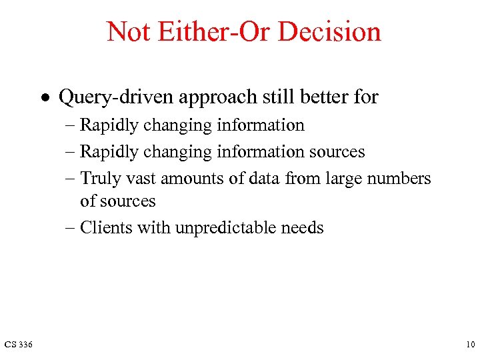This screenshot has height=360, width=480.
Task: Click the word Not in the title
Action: click(x=127, y=31)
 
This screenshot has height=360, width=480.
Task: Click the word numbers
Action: click(x=400, y=179)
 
